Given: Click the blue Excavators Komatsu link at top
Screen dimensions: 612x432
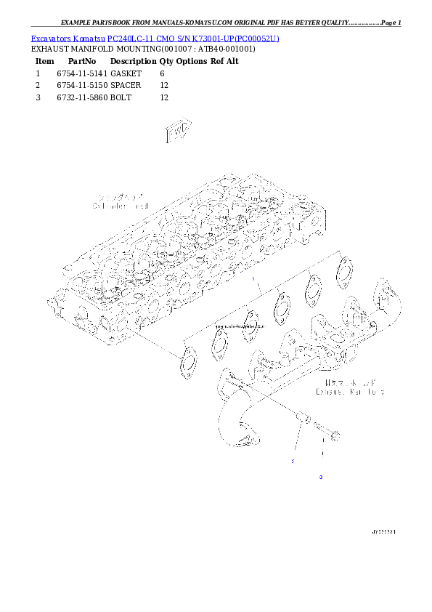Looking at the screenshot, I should (x=154, y=36).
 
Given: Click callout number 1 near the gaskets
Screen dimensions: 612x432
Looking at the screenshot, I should (x=253, y=279).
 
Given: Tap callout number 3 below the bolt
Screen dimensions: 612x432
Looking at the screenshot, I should (x=320, y=477).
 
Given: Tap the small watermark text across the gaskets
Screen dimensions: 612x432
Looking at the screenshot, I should (x=235, y=327).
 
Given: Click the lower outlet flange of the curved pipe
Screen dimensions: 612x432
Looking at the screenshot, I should (x=244, y=439).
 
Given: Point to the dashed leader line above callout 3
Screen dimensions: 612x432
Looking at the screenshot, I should (x=320, y=458).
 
